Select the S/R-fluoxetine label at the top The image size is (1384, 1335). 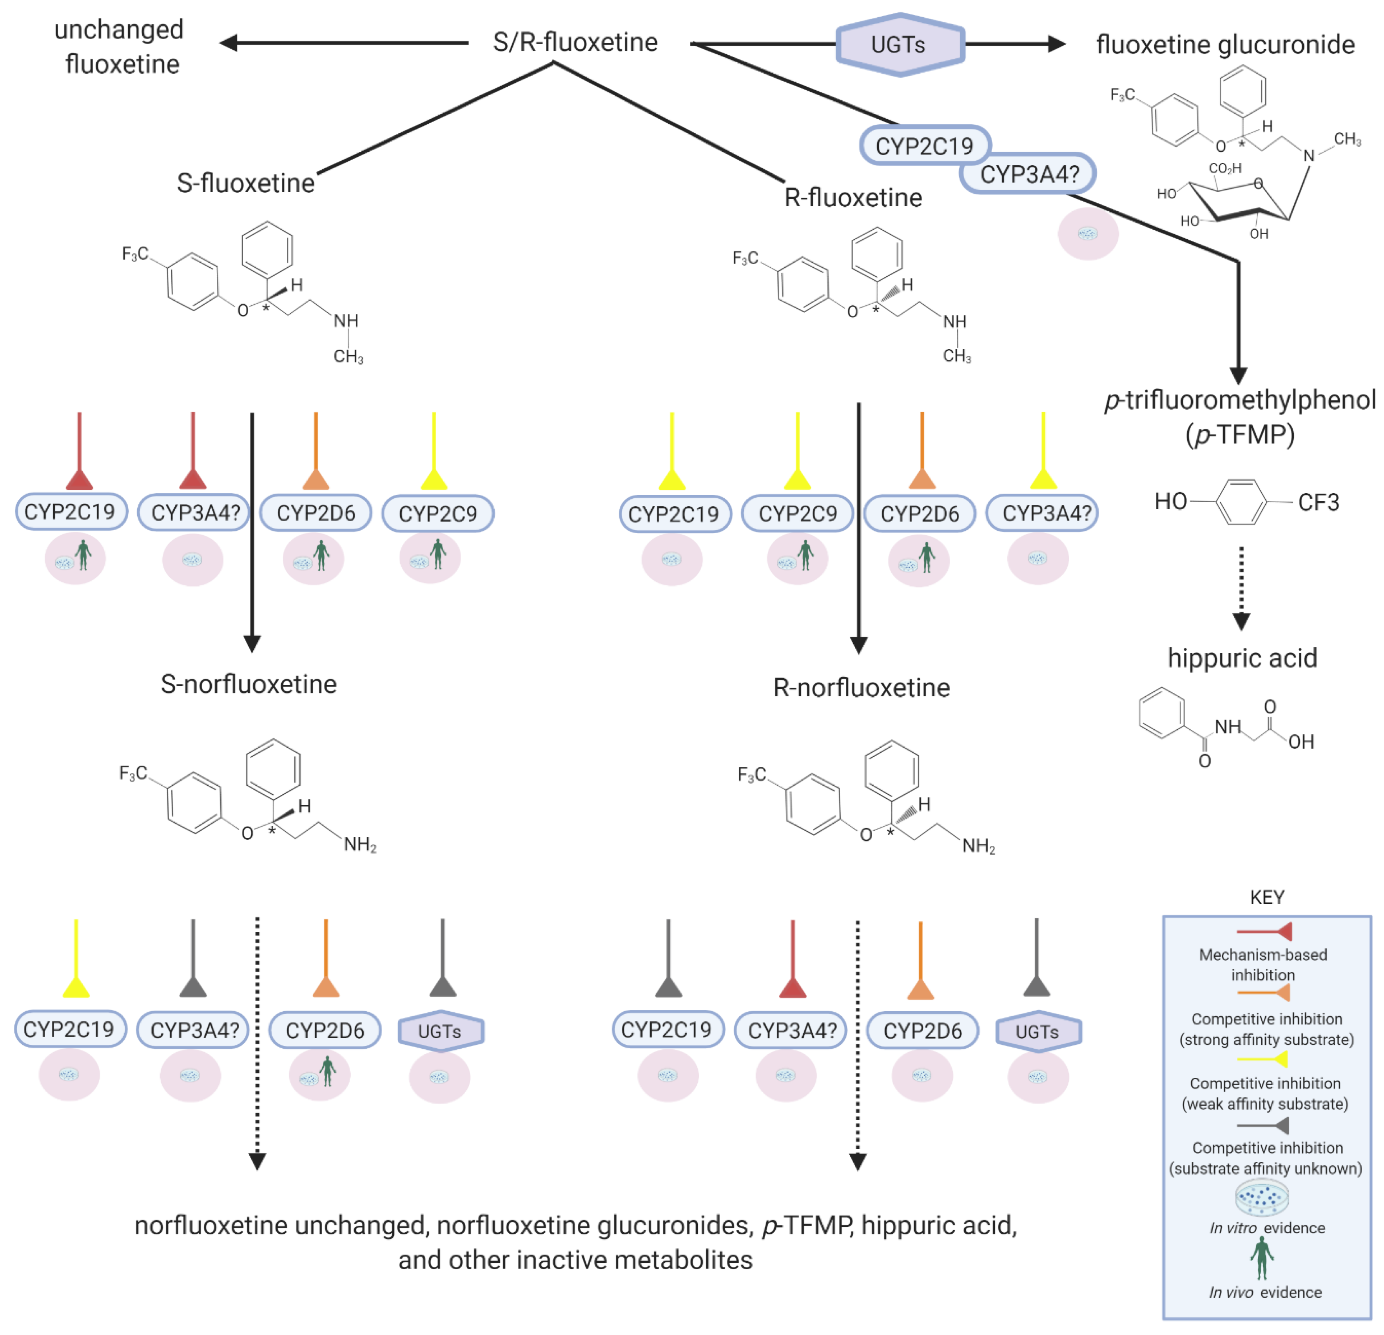point(575,42)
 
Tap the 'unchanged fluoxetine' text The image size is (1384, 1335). point(120,47)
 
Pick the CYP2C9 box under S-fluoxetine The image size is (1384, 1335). point(438,514)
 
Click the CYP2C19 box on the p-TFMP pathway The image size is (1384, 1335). point(924,146)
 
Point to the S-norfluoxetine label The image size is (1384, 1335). point(249,684)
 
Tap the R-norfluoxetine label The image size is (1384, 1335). point(862,687)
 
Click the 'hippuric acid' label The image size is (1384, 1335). point(1242,658)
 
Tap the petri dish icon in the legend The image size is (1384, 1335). point(1262,1196)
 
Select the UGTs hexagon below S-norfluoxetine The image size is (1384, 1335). point(441,1031)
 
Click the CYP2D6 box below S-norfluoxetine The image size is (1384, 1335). point(325,1031)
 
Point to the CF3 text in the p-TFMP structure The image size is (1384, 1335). point(1318,502)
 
